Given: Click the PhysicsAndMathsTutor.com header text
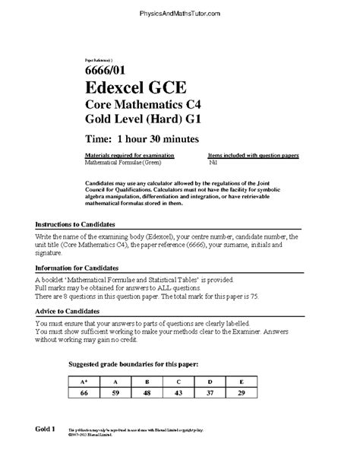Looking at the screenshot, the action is [x=179, y=14].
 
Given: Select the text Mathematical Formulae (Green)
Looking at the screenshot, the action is [x=121, y=162].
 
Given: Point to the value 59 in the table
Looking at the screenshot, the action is [x=115, y=393].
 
